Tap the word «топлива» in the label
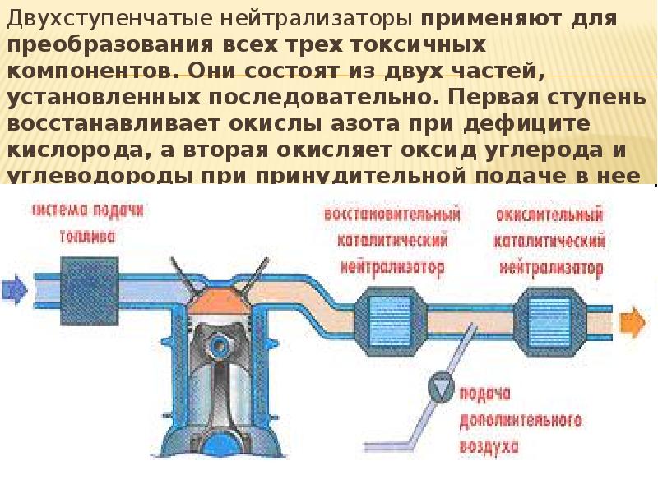pyautogui.click(x=88, y=236)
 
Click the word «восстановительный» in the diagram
pyautogui.click(x=392, y=214)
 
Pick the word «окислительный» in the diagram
pyautogui.click(x=550, y=214)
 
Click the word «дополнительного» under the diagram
pyautogui.click(x=521, y=420)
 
